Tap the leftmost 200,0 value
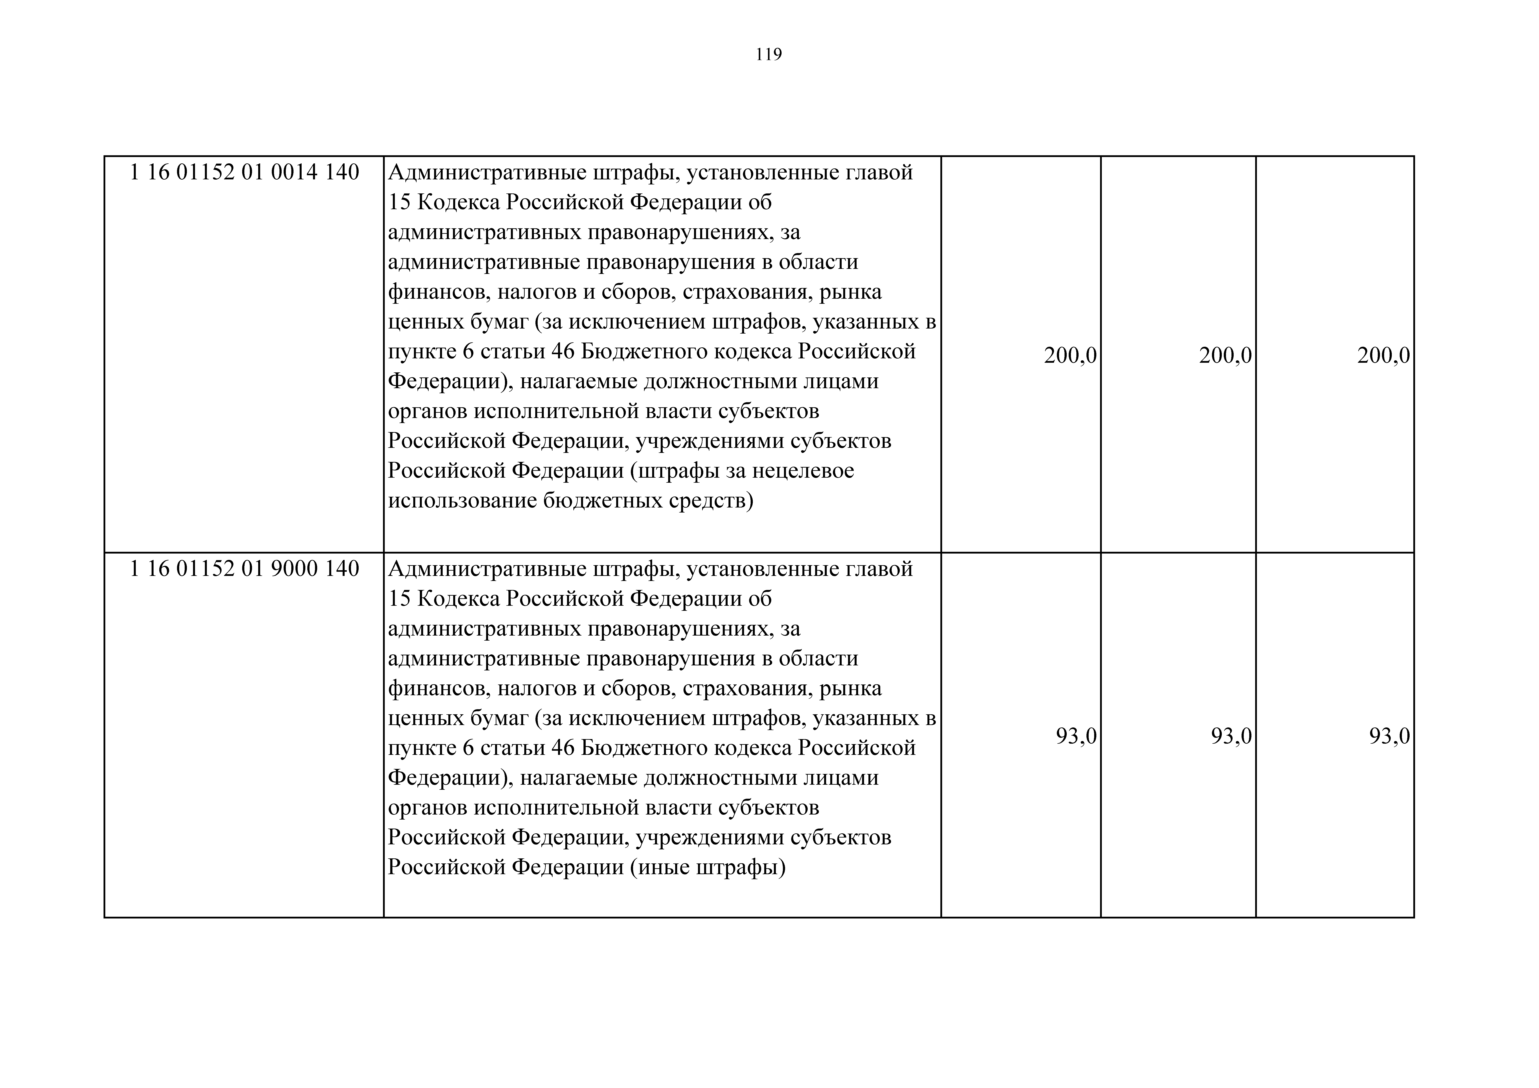[1070, 355]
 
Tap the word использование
[462, 501]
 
